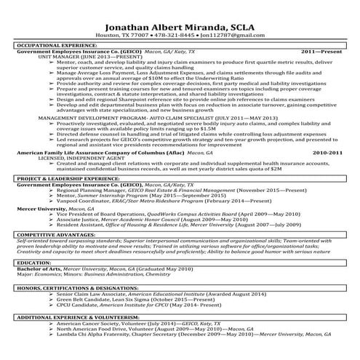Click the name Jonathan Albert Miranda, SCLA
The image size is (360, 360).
point(180,23)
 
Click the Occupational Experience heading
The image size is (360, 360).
point(51,46)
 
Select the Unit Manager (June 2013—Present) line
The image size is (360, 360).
point(81,57)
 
